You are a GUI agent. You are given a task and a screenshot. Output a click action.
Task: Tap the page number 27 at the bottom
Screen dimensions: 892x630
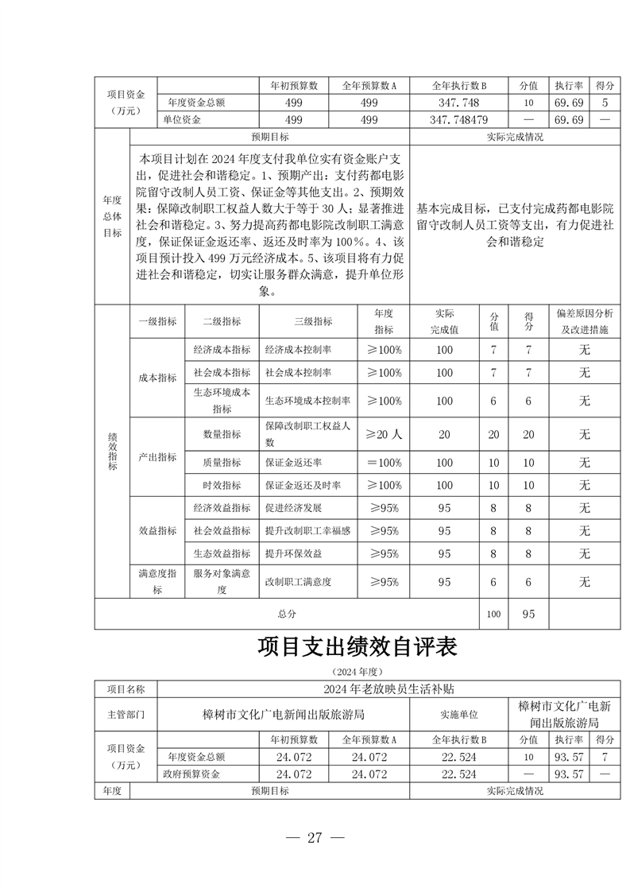tap(315, 837)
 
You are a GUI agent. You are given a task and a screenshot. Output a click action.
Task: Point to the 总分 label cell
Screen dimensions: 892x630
tap(287, 614)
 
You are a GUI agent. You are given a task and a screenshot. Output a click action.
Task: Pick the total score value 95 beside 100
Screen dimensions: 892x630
tap(528, 614)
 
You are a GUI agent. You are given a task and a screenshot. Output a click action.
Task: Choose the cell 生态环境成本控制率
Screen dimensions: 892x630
tap(307, 401)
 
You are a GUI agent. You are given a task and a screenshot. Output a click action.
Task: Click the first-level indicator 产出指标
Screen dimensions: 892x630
tap(157, 457)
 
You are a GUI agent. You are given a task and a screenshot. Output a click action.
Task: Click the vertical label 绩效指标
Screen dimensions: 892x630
tap(112, 451)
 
